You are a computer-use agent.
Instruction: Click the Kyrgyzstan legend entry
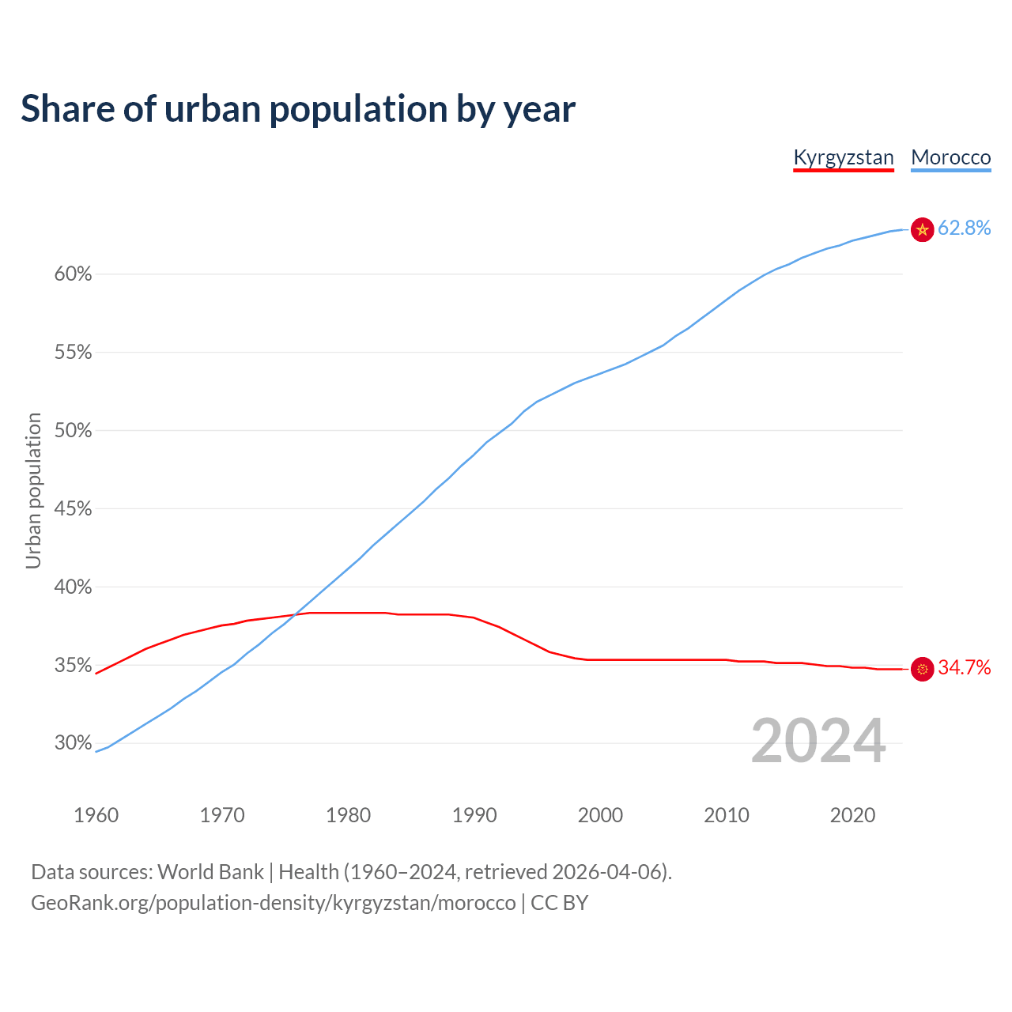pyautogui.click(x=843, y=157)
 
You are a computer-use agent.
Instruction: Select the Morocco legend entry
pyautogui.click(x=950, y=157)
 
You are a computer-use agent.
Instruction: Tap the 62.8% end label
pyautogui.click(x=964, y=228)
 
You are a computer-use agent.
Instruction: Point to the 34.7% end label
pyautogui.click(x=964, y=668)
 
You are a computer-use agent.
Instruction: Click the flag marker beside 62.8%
pyautogui.click(x=922, y=229)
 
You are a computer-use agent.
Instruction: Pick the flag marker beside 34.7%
pyautogui.click(x=922, y=669)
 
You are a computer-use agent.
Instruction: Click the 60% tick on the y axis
pyautogui.click(x=73, y=274)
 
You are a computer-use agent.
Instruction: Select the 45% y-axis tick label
pyautogui.click(x=73, y=509)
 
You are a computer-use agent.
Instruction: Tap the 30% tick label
pyautogui.click(x=73, y=743)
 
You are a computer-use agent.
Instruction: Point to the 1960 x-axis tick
pyautogui.click(x=96, y=815)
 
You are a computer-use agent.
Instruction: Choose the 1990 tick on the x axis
pyautogui.click(x=474, y=815)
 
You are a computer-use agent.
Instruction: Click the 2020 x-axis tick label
pyautogui.click(x=852, y=815)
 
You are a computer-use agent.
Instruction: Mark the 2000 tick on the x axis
pyautogui.click(x=600, y=815)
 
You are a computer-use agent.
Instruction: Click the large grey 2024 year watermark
pyautogui.click(x=818, y=741)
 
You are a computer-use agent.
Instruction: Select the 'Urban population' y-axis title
pyautogui.click(x=33, y=490)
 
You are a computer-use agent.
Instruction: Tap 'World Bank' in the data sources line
pyautogui.click(x=210, y=872)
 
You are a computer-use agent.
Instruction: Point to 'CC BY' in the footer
pyautogui.click(x=559, y=903)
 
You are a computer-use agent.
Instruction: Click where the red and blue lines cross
pyautogui.click(x=297, y=614)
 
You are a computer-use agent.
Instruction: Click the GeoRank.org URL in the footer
pyautogui.click(x=273, y=903)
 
